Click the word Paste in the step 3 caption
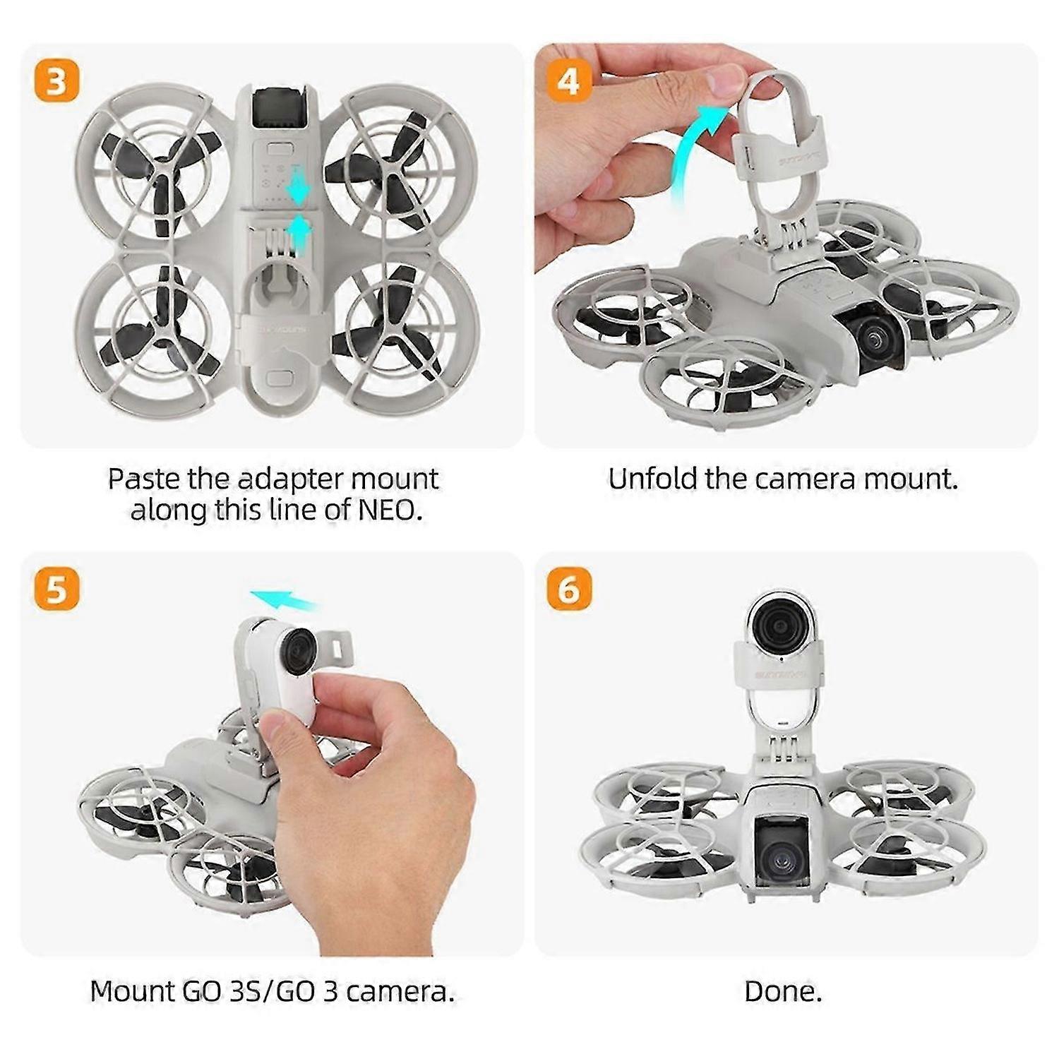(143, 479)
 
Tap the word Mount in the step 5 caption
(132, 992)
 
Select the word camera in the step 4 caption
(806, 479)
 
